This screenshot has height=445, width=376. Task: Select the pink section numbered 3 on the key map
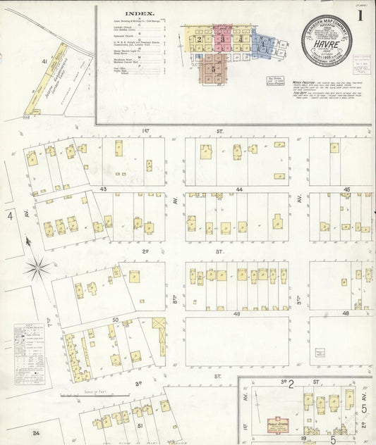tap(222, 39)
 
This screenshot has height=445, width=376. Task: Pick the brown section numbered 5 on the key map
tap(213, 69)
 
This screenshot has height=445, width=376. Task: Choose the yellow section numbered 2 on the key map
tap(200, 40)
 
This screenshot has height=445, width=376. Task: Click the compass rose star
tap(37, 267)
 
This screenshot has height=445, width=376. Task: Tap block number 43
tap(103, 189)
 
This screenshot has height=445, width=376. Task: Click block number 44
tap(239, 189)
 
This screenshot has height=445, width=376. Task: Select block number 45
tap(346, 189)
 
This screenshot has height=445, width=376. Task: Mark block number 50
tap(114, 320)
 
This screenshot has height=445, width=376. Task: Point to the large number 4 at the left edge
tap(10, 215)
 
